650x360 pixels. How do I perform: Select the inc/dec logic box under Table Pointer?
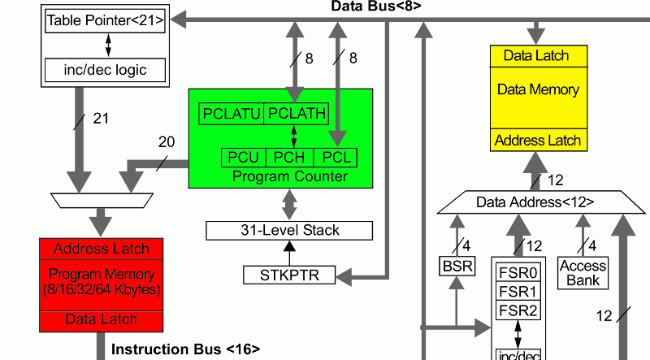106,70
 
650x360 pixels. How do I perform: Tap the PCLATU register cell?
232,115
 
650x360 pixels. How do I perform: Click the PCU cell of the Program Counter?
242,157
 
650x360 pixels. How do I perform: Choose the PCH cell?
288,157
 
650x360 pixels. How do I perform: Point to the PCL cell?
335,157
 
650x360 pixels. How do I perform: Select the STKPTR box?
288,275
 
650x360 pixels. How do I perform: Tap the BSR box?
456,266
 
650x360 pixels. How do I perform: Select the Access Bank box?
583,272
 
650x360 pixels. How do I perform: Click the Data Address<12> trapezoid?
535,202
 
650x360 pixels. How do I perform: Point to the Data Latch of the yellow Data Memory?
536,56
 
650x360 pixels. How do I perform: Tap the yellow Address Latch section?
536,140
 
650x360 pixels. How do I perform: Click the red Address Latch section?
102,249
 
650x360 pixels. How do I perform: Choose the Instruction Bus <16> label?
185,349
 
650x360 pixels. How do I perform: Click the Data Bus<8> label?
376,7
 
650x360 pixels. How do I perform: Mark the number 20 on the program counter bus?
166,142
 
